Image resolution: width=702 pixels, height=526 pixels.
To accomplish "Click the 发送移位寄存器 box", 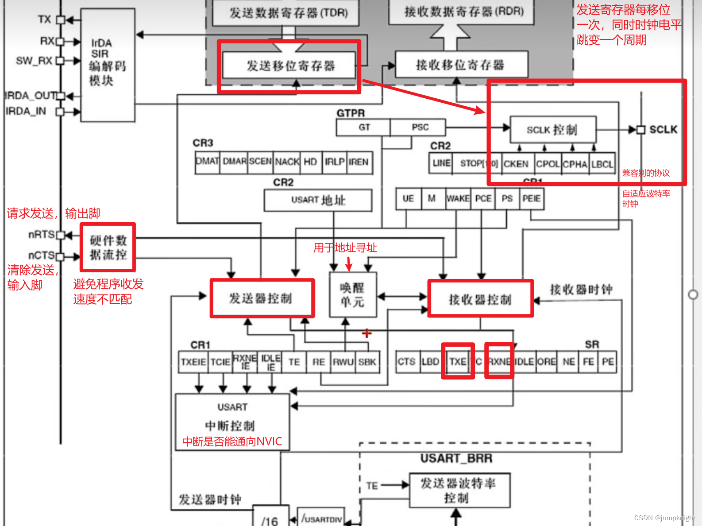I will (x=289, y=66).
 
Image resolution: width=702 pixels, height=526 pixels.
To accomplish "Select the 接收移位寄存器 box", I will (x=461, y=65).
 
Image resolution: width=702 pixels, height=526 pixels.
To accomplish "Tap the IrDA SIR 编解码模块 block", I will (x=108, y=64).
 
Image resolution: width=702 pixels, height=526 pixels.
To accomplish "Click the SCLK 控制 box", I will (x=552, y=130).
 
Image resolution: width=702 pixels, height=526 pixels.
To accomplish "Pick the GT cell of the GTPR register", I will (x=364, y=128).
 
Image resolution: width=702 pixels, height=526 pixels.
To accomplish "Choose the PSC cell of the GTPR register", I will (x=420, y=128).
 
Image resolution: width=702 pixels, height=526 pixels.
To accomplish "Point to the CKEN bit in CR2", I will (x=516, y=164).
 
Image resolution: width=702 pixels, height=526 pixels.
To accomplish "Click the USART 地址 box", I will (x=318, y=200).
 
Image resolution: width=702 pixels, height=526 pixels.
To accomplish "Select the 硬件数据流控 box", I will (x=108, y=248).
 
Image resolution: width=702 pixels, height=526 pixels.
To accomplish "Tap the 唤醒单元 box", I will (x=353, y=295).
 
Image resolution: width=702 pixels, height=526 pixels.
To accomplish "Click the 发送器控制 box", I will (x=262, y=298).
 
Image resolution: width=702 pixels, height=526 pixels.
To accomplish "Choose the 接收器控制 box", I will (x=480, y=299).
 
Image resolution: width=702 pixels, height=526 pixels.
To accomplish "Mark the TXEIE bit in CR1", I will (x=193, y=362).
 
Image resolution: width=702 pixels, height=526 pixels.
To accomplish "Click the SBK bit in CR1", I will (x=367, y=362).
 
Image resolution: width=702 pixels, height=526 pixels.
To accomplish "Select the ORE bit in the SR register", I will (x=547, y=362).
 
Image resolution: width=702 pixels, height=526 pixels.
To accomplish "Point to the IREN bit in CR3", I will (x=359, y=162).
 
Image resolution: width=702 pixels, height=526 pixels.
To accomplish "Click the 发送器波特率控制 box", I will (x=459, y=491).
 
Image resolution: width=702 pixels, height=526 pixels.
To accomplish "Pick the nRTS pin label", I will (x=41, y=234).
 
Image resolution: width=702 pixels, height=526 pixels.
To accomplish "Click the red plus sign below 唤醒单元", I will (x=366, y=333).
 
